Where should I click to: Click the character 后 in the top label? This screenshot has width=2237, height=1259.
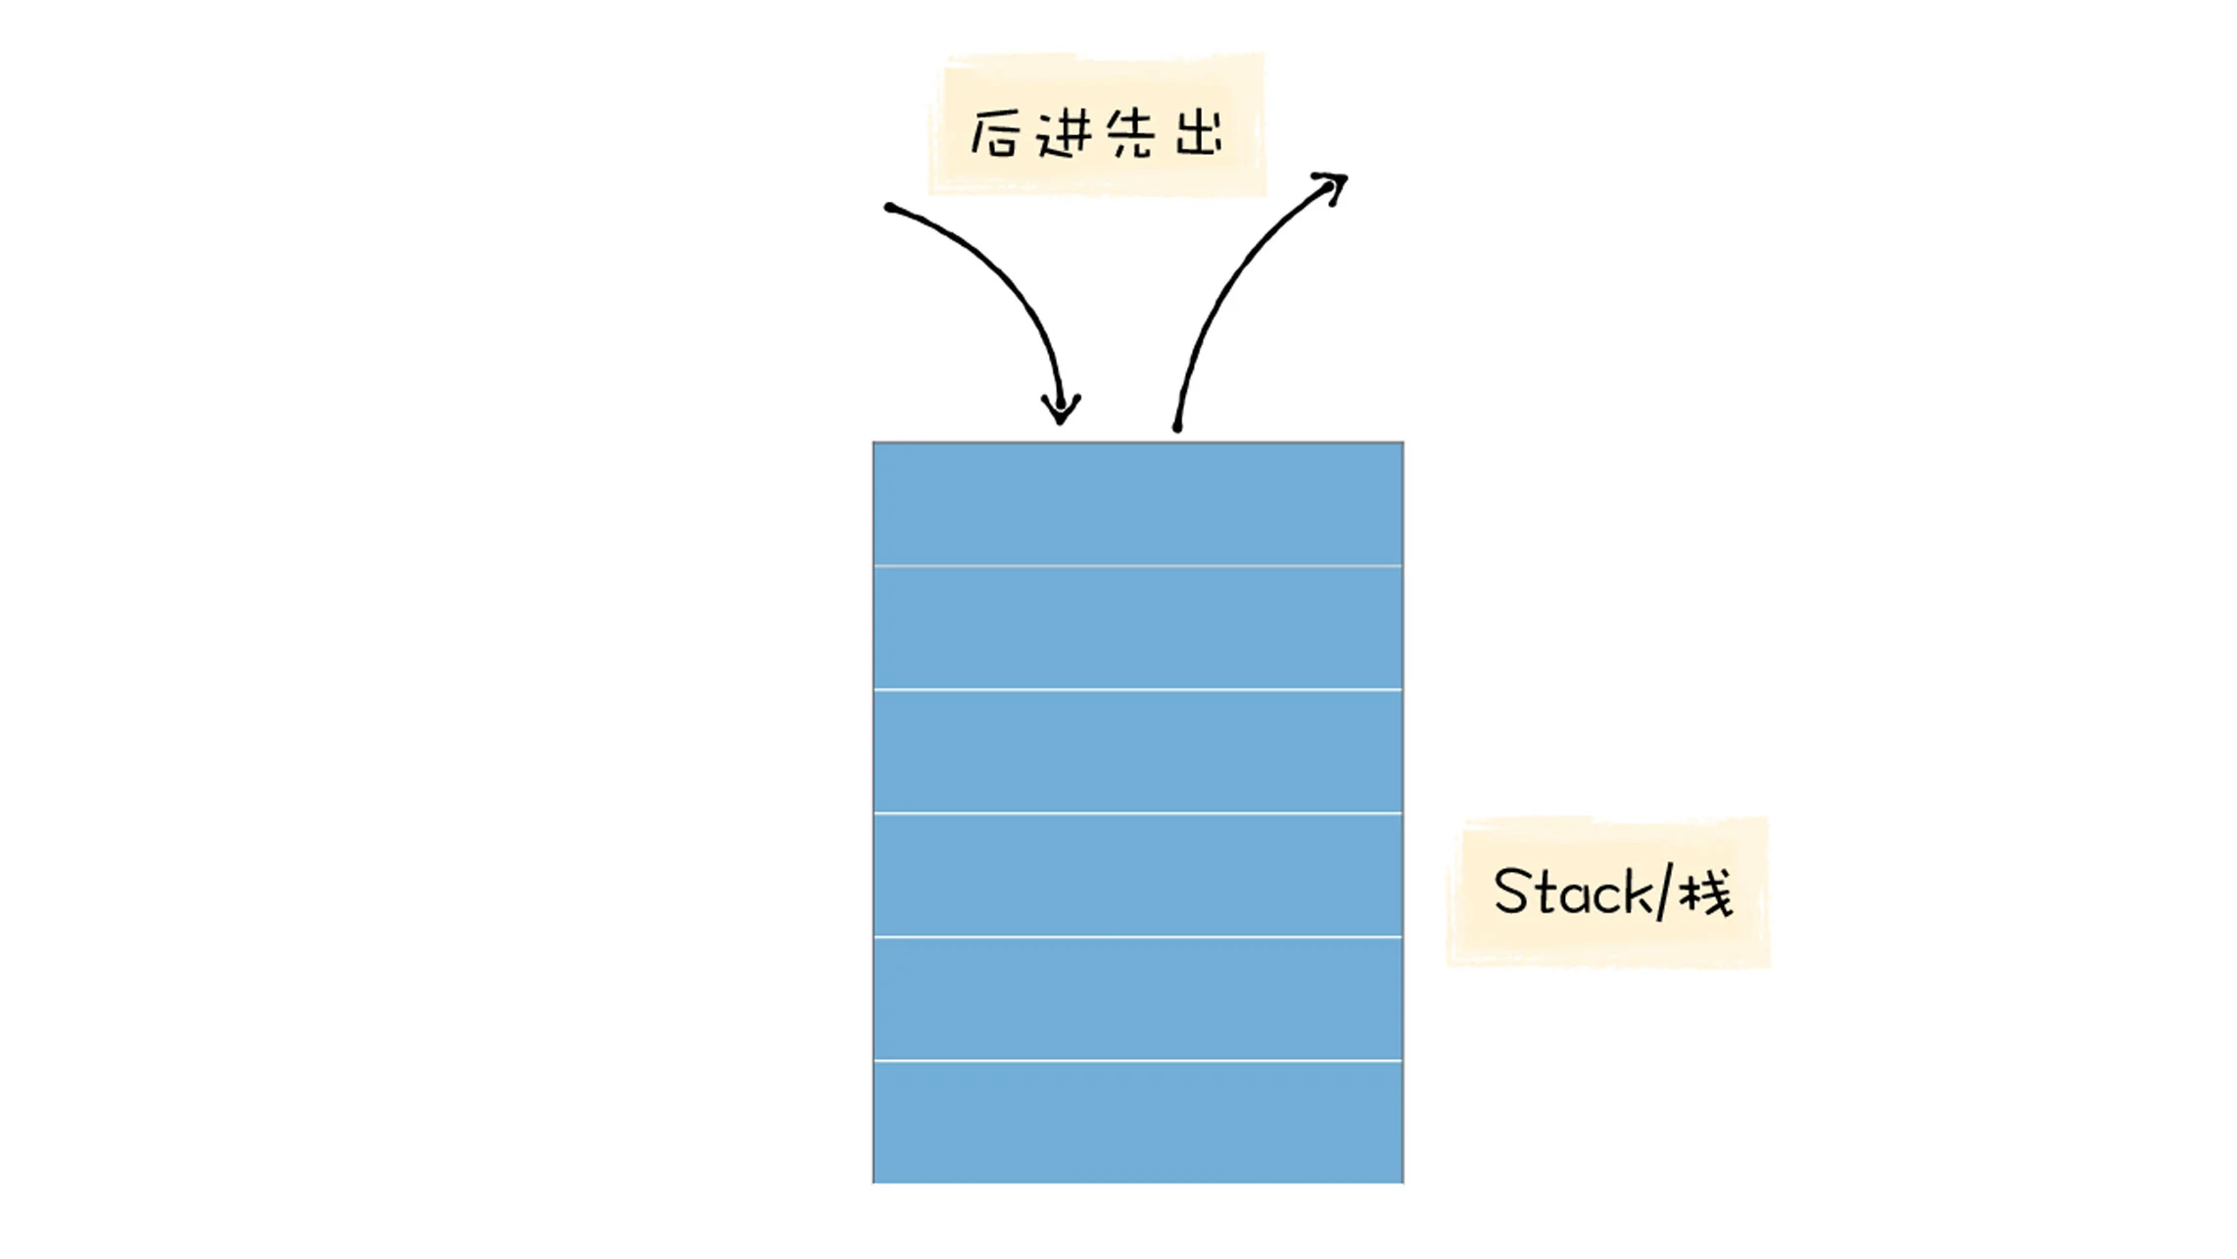point(993,133)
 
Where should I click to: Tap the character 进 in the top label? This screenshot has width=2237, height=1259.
point(1064,133)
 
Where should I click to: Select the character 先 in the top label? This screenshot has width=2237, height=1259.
point(1130,133)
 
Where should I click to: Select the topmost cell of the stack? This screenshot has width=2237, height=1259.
point(1138,504)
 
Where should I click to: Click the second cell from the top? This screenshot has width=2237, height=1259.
point(1138,628)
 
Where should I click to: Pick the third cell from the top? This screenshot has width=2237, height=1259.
point(1138,751)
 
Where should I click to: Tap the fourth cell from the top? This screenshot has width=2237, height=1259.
point(1138,875)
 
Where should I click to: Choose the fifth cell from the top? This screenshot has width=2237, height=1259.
point(1138,998)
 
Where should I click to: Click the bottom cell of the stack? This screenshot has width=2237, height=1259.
point(1138,1122)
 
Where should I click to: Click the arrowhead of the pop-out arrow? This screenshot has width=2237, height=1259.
point(1334,185)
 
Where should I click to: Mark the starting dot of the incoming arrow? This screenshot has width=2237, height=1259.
point(889,208)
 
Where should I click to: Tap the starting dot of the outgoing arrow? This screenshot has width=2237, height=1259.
point(1177,427)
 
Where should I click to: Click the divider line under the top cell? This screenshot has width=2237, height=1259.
point(1138,566)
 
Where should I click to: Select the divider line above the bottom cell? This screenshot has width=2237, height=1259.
point(1138,1060)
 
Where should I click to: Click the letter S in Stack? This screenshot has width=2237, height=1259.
point(1512,892)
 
